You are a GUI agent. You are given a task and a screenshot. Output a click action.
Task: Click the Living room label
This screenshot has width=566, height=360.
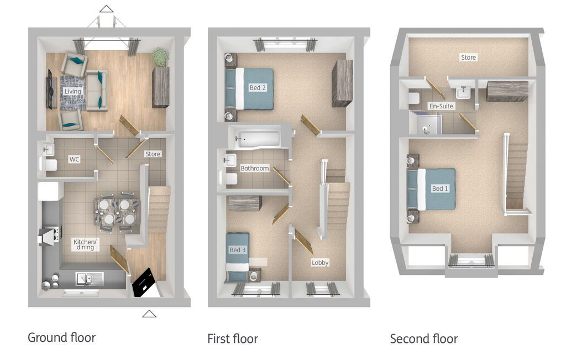pos(72,91)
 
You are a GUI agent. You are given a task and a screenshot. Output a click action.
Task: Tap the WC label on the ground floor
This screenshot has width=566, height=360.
pos(75,159)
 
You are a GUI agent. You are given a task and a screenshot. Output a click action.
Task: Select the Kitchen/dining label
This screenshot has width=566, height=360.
pos(85,244)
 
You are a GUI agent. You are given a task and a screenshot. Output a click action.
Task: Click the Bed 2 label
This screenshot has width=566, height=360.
pos(258,87)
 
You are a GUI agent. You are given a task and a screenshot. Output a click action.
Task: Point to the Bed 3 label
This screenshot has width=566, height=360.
pos(238,250)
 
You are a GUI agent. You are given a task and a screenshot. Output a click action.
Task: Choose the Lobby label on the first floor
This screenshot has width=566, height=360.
pos(320,263)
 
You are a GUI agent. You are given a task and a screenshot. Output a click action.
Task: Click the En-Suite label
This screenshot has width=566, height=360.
pos(441,106)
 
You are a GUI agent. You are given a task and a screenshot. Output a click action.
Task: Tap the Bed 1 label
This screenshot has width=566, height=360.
pos(440,189)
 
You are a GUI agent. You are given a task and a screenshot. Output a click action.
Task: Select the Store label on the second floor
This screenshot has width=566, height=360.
pos(469,58)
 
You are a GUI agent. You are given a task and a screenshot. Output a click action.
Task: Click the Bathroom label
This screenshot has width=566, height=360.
pos(255,168)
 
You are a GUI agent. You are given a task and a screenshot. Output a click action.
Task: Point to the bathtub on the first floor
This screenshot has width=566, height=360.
pos(258,138)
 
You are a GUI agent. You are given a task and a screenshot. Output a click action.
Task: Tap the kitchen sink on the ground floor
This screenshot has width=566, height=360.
pos(89,278)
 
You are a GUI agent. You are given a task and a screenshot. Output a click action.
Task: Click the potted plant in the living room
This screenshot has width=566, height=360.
pos(160,57)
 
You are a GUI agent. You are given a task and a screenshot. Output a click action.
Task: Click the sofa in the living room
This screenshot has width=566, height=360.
pos(97,90)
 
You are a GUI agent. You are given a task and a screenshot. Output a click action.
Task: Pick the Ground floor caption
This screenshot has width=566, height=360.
pos(62,338)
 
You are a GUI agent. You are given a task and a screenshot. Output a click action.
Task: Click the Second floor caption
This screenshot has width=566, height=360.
pos(424,338)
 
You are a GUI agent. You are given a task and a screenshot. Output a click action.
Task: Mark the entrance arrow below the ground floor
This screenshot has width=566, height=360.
pos(149,314)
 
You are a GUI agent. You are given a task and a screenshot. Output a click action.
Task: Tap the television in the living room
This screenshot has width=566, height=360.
pos(50,89)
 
